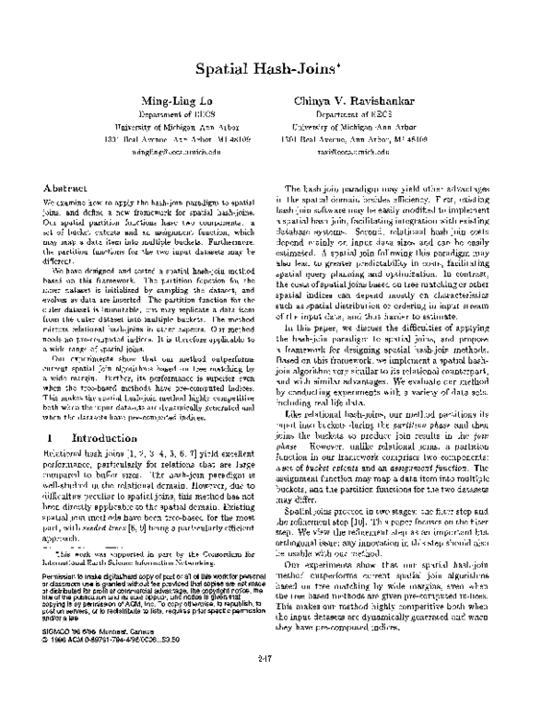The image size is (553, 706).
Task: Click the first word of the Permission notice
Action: click(x=59, y=571)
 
